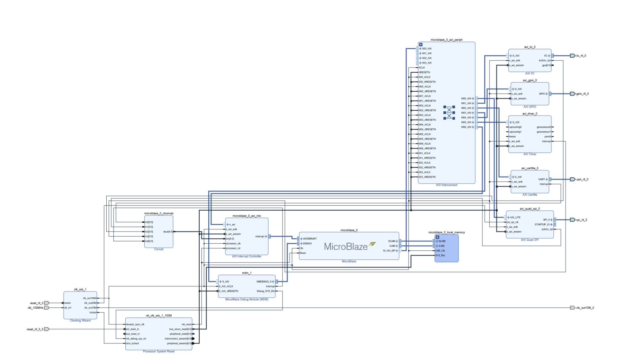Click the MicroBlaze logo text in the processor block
(x=346, y=247)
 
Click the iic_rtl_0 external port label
(x=581, y=56)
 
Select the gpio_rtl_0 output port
(x=582, y=94)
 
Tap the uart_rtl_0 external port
(x=582, y=180)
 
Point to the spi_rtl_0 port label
(x=581, y=220)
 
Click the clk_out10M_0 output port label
(x=585, y=308)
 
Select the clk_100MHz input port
(x=36, y=308)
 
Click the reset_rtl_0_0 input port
(x=35, y=329)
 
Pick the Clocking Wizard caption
(x=80, y=321)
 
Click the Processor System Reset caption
(x=158, y=352)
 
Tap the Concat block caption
(x=158, y=249)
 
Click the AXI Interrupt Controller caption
(x=246, y=257)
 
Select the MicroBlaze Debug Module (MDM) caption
(x=246, y=300)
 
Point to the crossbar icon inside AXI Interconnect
(x=449, y=113)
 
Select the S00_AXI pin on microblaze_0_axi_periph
(x=426, y=49)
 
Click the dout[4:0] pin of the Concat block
(x=167, y=232)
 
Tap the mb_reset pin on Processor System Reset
(x=187, y=324)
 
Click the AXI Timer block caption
(x=530, y=154)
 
